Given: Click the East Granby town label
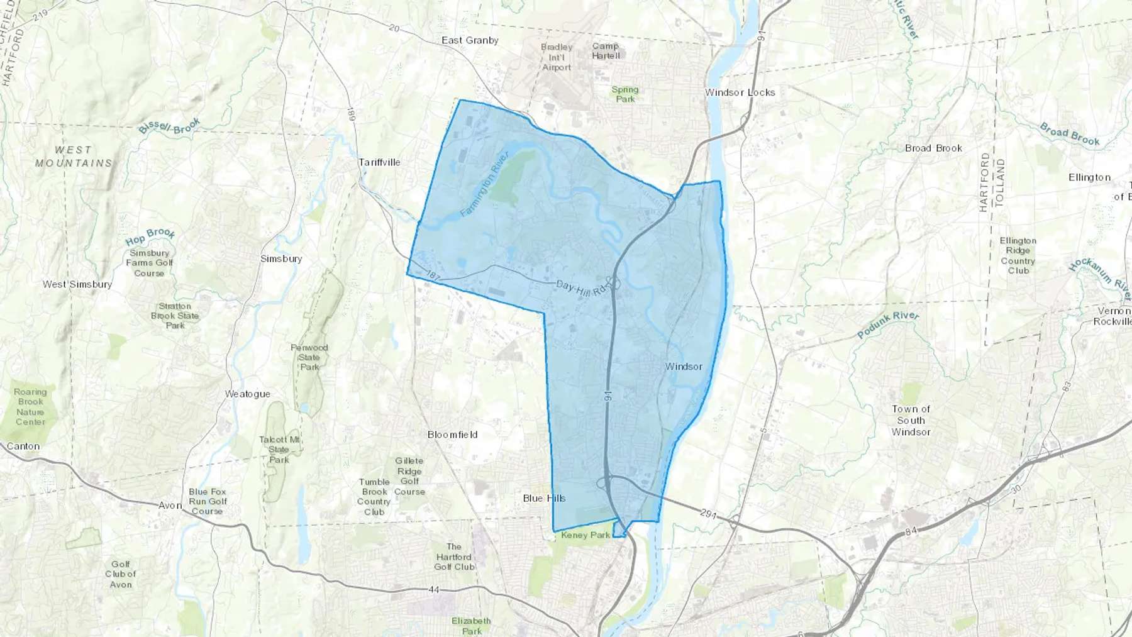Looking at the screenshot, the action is pos(470,40).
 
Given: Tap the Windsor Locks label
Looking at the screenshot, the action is pos(740,92).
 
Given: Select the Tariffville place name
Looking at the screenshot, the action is pos(379,162).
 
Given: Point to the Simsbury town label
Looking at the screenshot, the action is pos(281,258).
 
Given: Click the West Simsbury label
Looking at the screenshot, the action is pos(77,284).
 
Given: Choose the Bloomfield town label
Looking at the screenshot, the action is pos(452,435).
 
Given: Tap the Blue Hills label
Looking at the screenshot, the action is pos(544,498).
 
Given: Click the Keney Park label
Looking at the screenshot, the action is pos(585,535).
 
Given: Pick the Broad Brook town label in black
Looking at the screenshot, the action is pos(933,148).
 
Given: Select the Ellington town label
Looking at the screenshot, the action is pos(1089,177).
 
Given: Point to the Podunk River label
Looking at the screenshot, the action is pos(888,324).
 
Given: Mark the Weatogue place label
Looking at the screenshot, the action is pos(247,394).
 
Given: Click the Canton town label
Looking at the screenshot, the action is pos(23,446).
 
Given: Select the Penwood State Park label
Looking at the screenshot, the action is pos(309,357).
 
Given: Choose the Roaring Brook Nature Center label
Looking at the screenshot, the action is pos(30,406).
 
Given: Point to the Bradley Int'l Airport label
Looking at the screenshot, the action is pos(557,57).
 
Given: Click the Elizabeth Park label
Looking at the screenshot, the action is pos(471,626).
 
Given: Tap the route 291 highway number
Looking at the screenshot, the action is pos(708,514).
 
